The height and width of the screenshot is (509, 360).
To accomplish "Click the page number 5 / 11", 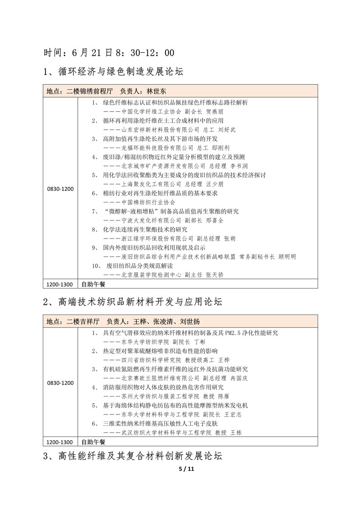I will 186,468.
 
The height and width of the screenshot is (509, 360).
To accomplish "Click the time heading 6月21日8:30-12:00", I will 109,53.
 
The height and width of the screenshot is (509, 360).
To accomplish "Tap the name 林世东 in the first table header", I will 157,90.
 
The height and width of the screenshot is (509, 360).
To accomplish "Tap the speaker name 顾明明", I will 287,257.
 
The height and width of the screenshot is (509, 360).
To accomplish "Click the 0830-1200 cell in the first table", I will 60,189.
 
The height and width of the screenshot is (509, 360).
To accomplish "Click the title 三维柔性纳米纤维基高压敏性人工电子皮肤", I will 161,423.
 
